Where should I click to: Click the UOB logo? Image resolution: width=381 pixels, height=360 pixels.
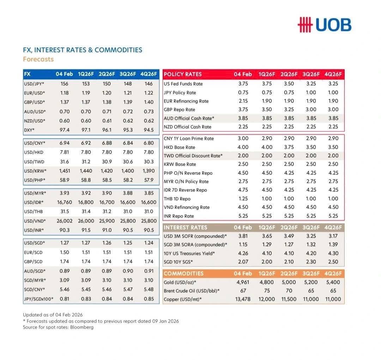tap(325, 25)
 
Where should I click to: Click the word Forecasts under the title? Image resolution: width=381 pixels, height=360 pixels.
tap(38, 59)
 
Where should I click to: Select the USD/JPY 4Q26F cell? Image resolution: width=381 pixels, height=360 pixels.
tap(149, 84)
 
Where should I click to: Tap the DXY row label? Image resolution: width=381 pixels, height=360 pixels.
tap(29, 130)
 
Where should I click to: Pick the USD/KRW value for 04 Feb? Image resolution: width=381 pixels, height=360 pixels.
tap(65, 171)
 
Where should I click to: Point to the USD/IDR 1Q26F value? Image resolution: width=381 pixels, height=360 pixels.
tap(86, 202)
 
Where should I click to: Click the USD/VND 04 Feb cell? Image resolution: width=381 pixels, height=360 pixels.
tap(65, 221)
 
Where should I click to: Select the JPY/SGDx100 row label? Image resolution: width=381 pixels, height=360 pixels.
tap(38, 299)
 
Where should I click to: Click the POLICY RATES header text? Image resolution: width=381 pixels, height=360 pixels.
tap(183, 74)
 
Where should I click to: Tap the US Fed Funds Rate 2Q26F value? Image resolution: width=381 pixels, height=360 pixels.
tap(289, 84)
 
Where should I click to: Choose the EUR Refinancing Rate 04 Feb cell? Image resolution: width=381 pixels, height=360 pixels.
tap(243, 101)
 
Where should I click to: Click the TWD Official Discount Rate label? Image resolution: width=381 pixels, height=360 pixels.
tap(193, 156)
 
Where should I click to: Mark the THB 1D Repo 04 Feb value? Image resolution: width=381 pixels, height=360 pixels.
tap(243, 199)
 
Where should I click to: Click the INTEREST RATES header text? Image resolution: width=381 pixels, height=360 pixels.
tap(186, 228)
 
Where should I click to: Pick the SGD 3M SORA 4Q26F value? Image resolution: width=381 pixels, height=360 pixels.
tap(333, 245)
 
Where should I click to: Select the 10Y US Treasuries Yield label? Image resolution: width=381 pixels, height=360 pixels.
tap(189, 253)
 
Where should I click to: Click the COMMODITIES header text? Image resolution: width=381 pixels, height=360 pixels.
tap(183, 274)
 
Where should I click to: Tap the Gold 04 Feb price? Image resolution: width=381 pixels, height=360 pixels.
tap(243, 282)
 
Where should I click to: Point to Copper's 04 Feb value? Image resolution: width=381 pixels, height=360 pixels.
tap(243, 299)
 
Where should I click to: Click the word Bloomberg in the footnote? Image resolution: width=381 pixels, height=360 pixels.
tap(82, 327)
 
